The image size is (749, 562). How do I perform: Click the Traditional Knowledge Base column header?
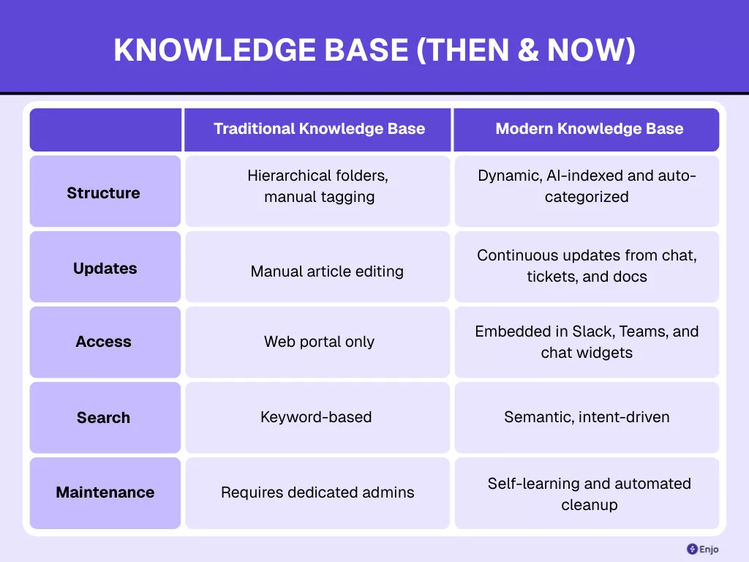tap(319, 130)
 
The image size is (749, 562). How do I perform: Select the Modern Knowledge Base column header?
tap(589, 130)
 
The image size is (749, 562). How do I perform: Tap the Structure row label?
tap(103, 193)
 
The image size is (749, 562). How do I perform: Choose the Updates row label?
tap(105, 269)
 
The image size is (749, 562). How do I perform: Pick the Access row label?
tap(103, 342)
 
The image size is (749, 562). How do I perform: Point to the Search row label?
tap(103, 418)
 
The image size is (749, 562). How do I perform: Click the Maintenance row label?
tap(105, 492)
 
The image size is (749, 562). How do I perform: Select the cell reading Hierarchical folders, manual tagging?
tap(318, 187)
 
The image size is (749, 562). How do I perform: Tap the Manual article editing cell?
tap(327, 271)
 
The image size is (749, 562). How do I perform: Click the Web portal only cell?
tap(319, 342)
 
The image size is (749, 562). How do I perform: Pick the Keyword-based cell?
tap(316, 417)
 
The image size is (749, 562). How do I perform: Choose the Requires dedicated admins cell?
tap(317, 492)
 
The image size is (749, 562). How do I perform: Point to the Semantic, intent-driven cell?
tap(587, 417)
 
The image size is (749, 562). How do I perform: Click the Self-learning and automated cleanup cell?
tap(589, 494)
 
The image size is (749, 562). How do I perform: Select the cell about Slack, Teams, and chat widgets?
tap(587, 342)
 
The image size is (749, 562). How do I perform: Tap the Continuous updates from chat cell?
tap(587, 266)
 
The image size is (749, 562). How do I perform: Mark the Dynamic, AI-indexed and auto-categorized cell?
tap(587, 187)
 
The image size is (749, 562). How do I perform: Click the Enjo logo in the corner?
tap(702, 549)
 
